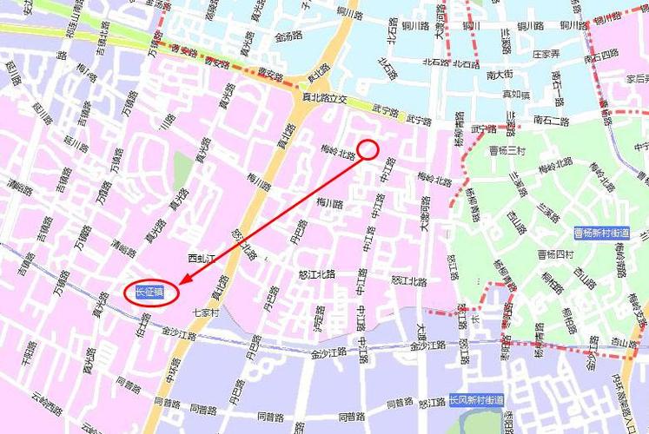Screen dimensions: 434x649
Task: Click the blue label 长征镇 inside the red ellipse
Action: click(151, 293)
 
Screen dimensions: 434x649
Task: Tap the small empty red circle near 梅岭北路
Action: click(368, 149)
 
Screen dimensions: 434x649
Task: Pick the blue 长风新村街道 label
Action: click(477, 402)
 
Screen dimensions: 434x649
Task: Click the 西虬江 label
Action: click(200, 259)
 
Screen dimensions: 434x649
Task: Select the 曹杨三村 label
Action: click(507, 151)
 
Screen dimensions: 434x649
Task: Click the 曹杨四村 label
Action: click(555, 254)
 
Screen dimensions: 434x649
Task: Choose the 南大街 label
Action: click(501, 75)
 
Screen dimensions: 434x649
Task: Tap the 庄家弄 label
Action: click(546, 53)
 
